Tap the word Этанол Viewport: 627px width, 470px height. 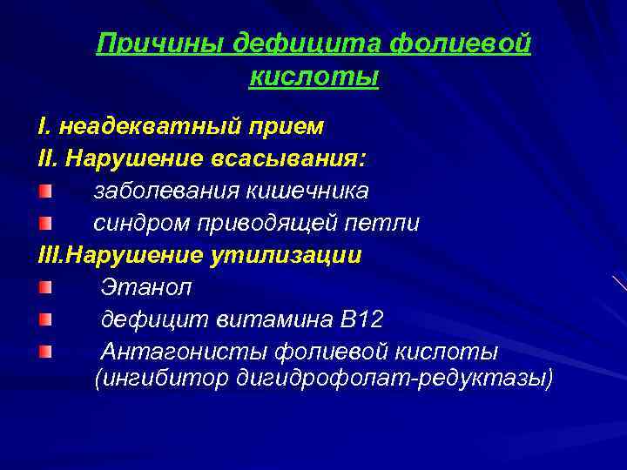(146, 287)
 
